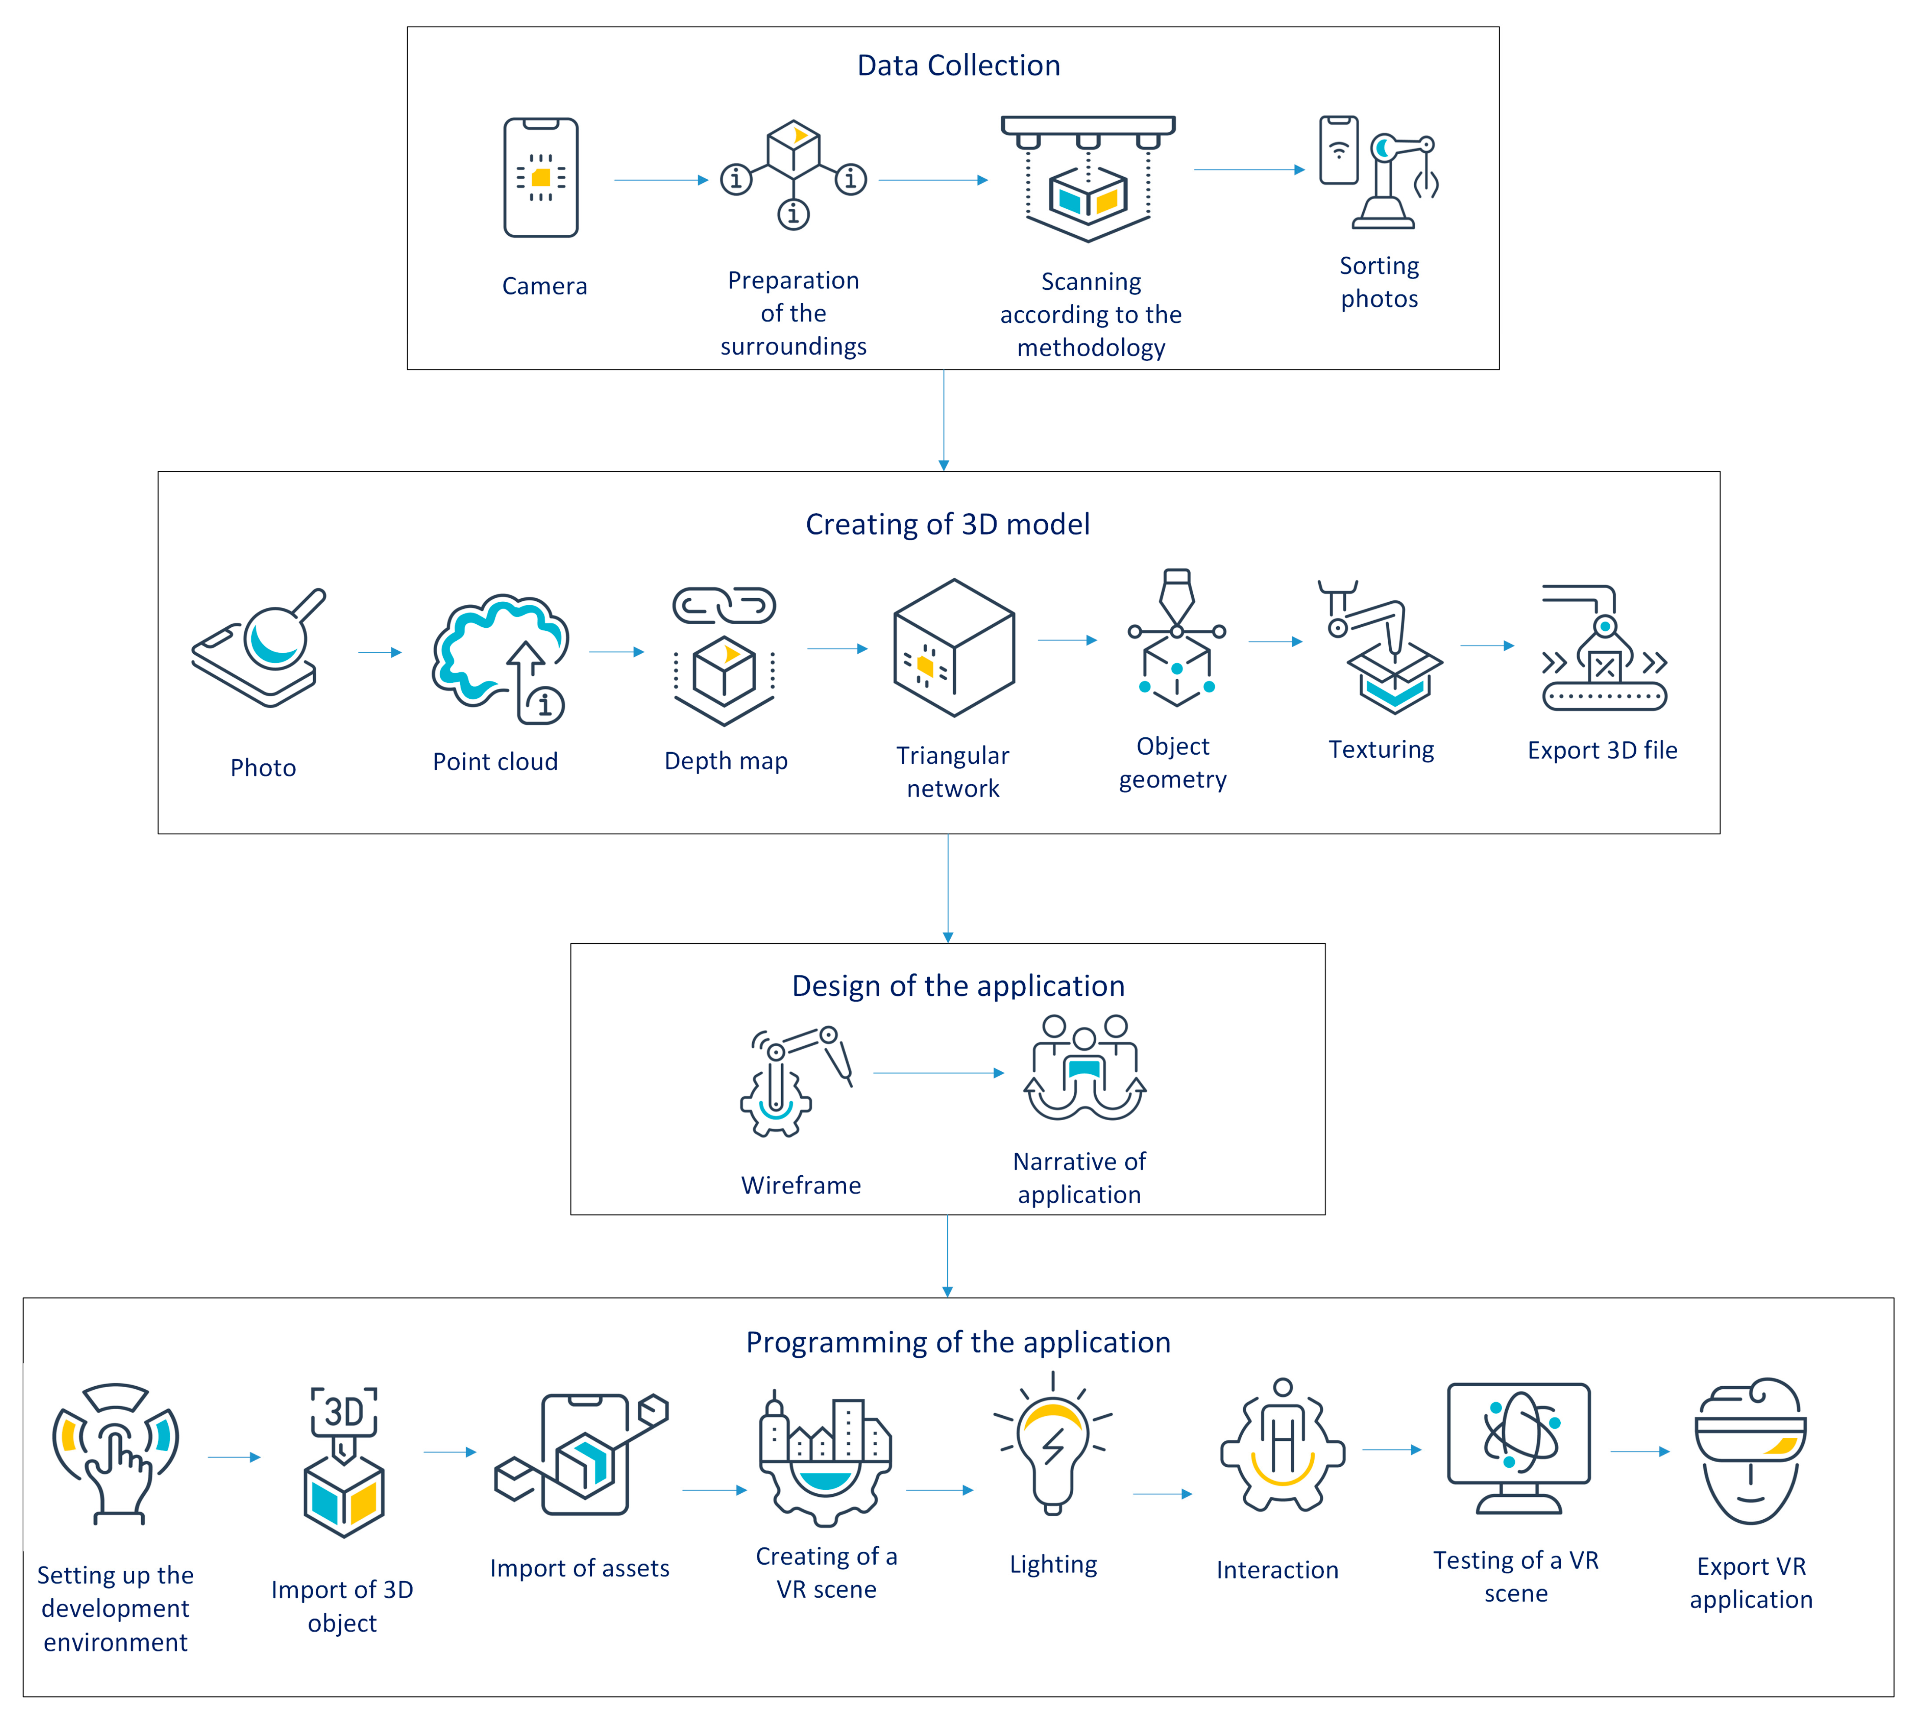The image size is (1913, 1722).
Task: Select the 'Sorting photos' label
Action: [x=1378, y=282]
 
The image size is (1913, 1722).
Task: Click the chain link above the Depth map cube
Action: [x=724, y=606]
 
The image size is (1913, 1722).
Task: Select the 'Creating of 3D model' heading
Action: [x=947, y=524]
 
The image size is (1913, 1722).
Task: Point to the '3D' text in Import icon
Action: [x=344, y=1412]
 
